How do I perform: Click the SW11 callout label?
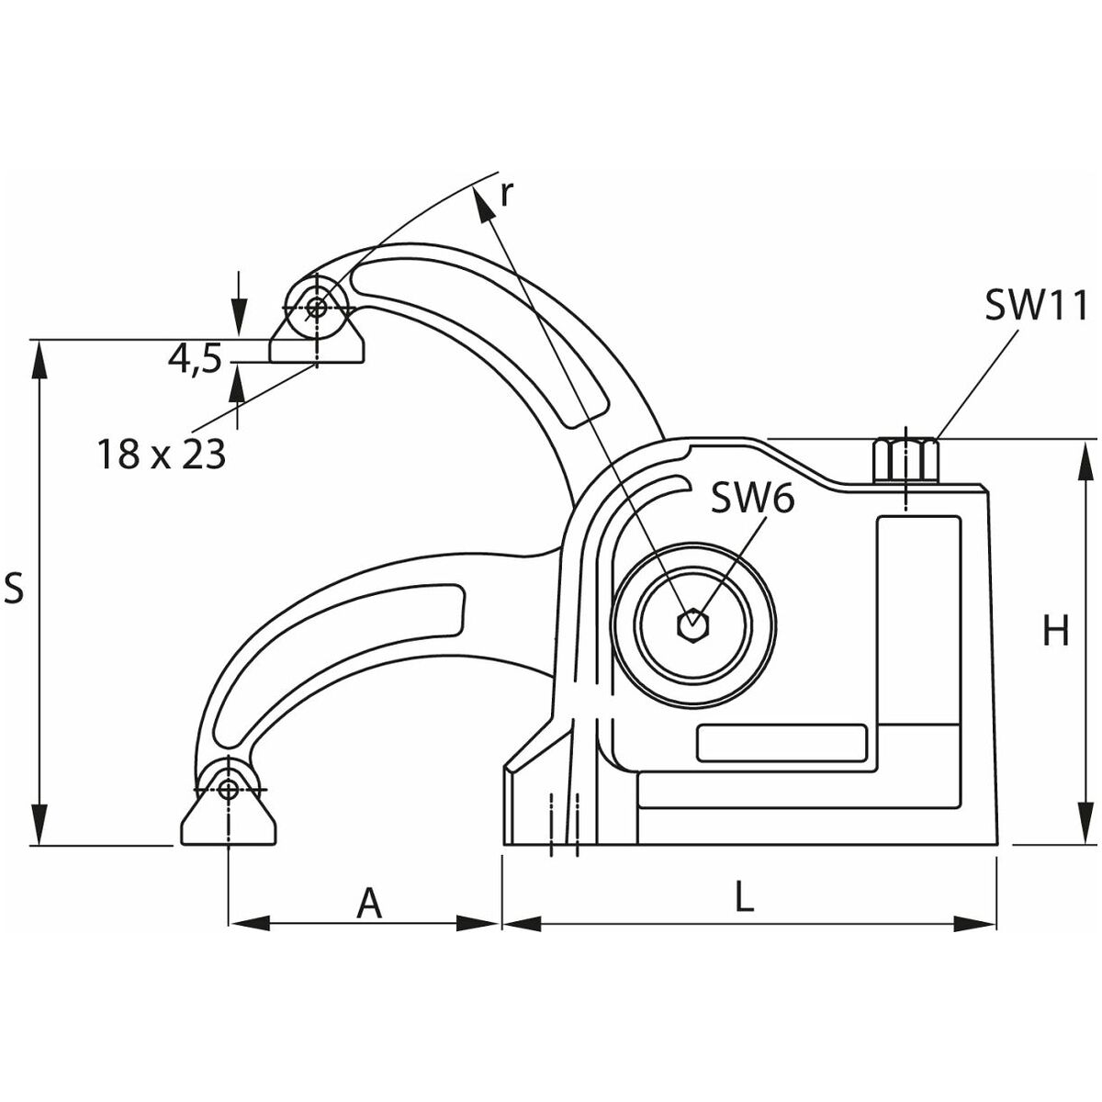[x=1035, y=306]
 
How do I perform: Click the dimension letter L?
[x=744, y=895]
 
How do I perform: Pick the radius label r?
[x=505, y=195]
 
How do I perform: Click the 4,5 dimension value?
[x=195, y=360]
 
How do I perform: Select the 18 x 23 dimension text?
[x=162, y=454]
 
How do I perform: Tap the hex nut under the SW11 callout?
[x=906, y=460]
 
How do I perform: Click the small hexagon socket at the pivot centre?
[x=692, y=624]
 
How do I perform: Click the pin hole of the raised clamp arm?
[x=316, y=308]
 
